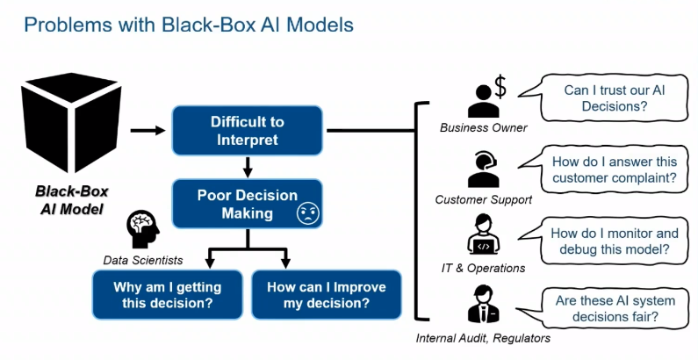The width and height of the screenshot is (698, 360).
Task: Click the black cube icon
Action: (x=71, y=123)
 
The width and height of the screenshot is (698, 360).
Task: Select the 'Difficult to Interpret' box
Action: (x=247, y=130)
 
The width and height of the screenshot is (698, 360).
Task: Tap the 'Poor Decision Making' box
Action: (x=247, y=204)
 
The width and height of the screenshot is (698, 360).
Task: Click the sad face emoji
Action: (x=308, y=213)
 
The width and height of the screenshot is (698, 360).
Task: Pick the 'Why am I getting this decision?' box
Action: (x=168, y=295)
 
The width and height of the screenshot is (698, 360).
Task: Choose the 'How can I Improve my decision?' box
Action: (x=327, y=295)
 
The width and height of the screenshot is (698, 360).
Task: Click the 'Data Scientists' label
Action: (x=143, y=260)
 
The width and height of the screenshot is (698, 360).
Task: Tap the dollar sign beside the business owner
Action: (x=500, y=87)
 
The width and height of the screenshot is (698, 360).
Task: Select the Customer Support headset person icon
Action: (x=484, y=169)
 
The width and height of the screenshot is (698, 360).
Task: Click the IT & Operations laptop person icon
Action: (x=484, y=234)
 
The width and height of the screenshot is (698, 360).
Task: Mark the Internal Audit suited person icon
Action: (x=484, y=304)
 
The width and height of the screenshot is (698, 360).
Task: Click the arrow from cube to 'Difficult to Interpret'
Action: (x=148, y=130)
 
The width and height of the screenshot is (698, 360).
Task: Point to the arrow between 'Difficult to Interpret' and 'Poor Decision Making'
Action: (x=248, y=167)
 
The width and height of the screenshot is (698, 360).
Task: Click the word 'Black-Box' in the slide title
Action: (x=208, y=25)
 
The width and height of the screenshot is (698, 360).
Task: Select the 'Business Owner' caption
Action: (x=484, y=127)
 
